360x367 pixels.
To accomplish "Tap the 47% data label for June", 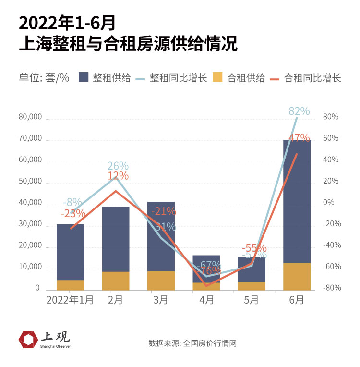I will click(x=300, y=138).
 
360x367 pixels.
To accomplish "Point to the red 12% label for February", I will click(x=118, y=176).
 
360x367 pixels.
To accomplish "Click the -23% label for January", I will click(x=73, y=213).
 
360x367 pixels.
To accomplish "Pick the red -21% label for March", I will click(x=164, y=211).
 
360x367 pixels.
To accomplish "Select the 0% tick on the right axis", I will click(x=329, y=202).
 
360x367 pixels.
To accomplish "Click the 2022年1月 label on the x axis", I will click(x=70, y=300).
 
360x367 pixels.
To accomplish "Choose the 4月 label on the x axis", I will click(x=207, y=300).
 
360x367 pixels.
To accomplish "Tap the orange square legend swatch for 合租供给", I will click(x=218, y=77).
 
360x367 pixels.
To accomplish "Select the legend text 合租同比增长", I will click(x=312, y=77).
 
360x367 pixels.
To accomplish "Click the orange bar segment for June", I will click(x=297, y=276).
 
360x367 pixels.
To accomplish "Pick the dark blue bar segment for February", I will click(x=116, y=239).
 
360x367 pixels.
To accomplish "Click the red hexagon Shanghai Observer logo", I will click(x=28, y=340).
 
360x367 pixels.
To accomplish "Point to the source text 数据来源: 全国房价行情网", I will click(x=192, y=343).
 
